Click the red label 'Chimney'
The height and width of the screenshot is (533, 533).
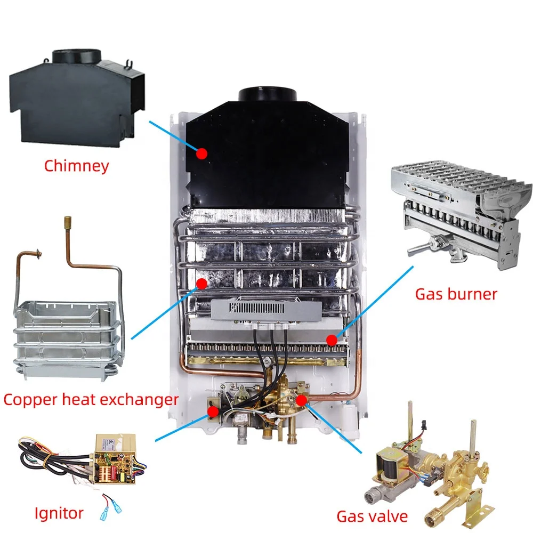tap(76, 165)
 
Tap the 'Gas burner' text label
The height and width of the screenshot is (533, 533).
tap(456, 293)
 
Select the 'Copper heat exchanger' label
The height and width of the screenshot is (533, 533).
tap(91, 399)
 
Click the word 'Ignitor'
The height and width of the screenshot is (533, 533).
tap(59, 513)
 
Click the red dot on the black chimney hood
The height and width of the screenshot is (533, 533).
tap(201, 154)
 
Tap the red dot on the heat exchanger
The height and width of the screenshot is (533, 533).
tap(201, 284)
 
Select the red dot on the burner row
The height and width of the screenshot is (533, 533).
tap(332, 338)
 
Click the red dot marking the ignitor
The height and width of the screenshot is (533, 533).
tap(213, 411)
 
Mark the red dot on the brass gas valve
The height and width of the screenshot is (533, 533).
tap(301, 399)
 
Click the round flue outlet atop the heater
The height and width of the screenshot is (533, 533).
tap(267, 95)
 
